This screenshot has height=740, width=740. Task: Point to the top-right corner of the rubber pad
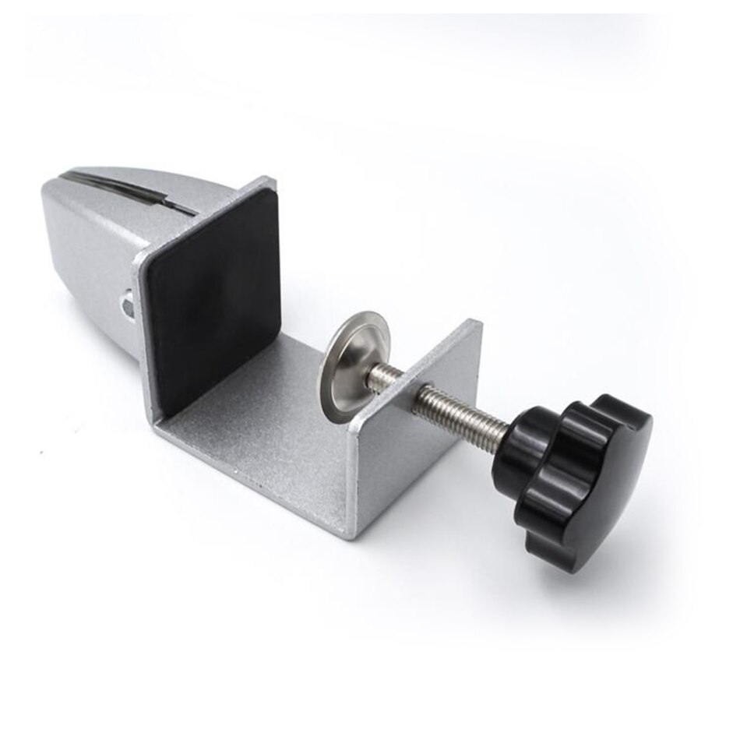[273, 192]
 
